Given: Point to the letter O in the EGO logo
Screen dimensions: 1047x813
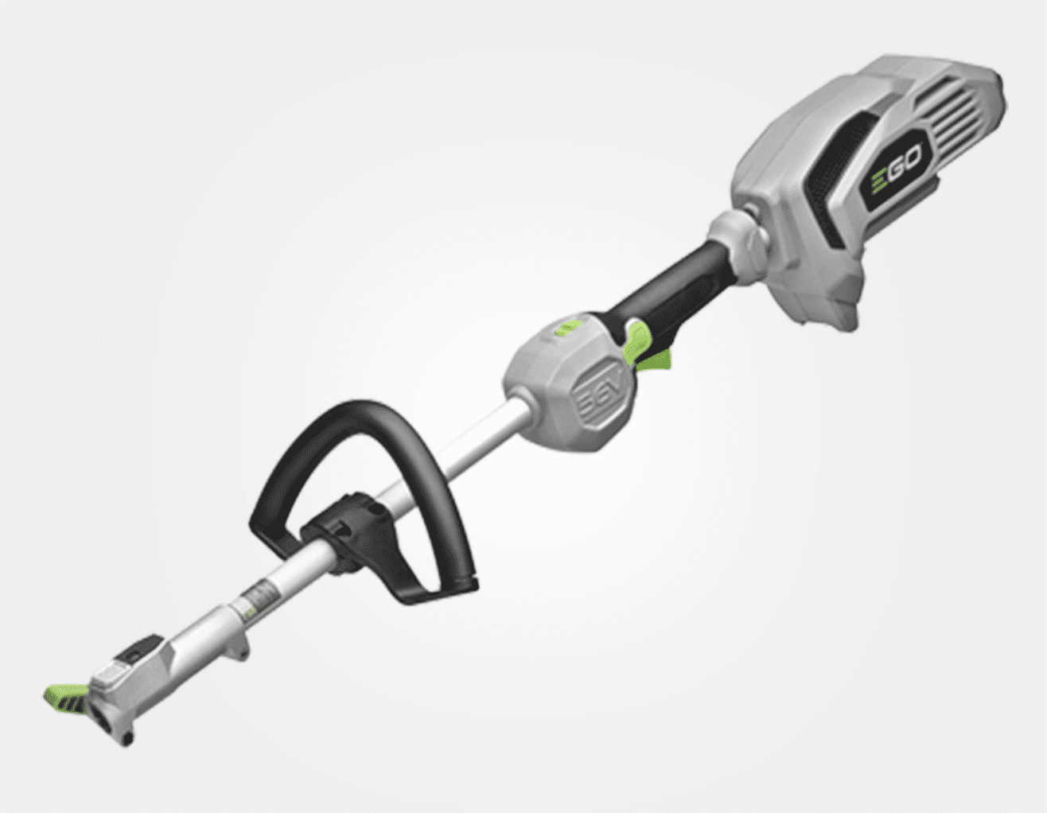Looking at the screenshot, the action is (912, 156).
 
